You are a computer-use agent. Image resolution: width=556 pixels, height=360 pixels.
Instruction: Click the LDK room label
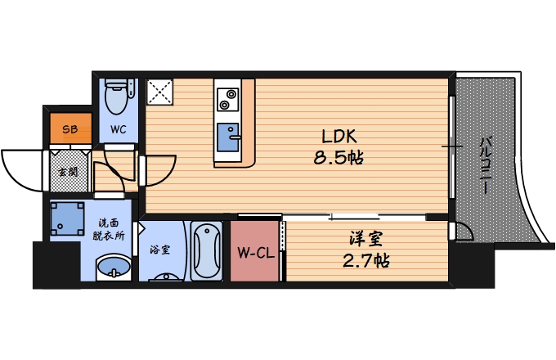pyautogui.click(x=339, y=137)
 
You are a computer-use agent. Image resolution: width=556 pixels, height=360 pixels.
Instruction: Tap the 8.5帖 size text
pyautogui.click(x=339, y=158)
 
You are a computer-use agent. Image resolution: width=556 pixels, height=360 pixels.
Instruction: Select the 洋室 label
pyautogui.click(x=363, y=241)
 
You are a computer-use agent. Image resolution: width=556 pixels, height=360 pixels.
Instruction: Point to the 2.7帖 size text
pyautogui.click(x=363, y=261)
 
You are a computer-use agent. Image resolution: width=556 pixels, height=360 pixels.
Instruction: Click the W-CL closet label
pyautogui.click(x=255, y=253)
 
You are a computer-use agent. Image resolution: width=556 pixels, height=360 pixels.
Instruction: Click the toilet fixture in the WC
pyautogui.click(x=118, y=97)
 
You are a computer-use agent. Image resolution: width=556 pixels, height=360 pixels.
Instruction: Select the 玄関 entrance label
pyautogui.click(x=67, y=172)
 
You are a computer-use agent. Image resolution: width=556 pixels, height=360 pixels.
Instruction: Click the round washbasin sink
pyautogui.click(x=113, y=267)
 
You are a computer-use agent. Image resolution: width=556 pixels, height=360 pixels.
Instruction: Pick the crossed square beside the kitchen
pyautogui.click(x=159, y=92)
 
